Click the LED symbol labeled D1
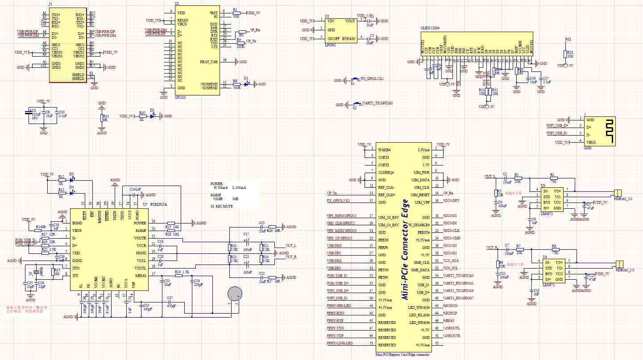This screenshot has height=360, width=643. tap(247, 84)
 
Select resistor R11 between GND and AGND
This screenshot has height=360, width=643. tap(102, 118)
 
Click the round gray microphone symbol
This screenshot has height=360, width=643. tap(235, 293)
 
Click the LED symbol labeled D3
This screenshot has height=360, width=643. tap(72, 179)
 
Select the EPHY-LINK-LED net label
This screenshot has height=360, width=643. tap(340, 343)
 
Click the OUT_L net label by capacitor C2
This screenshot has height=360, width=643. tap(491, 177)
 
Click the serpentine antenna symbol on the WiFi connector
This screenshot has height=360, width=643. tap(606, 131)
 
